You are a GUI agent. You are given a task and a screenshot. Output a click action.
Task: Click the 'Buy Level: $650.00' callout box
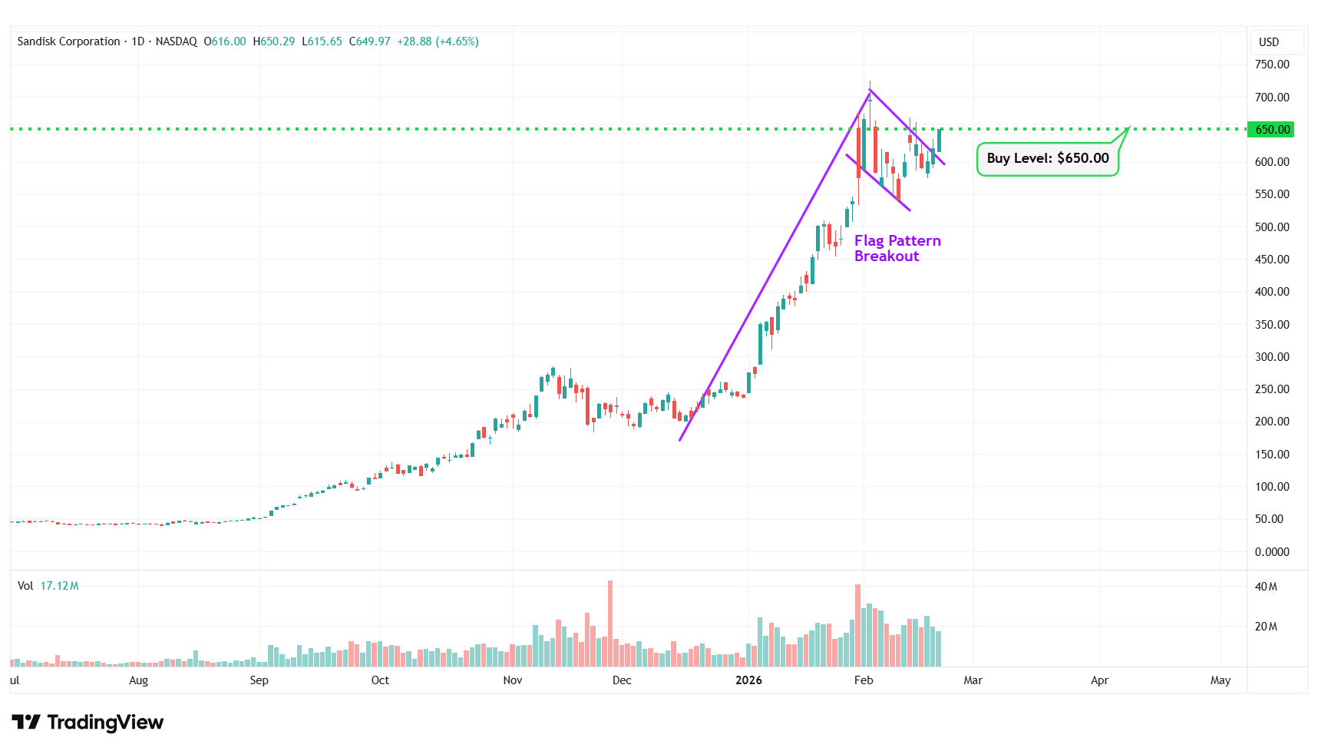1047,159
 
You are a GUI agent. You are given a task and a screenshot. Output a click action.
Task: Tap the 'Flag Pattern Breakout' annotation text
897,248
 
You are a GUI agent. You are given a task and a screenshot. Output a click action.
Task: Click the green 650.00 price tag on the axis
1272,130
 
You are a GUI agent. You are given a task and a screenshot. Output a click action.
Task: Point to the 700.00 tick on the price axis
1271,98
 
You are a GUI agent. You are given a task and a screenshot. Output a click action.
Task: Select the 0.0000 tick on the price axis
1271,552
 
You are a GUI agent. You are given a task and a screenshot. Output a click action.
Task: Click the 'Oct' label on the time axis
380,680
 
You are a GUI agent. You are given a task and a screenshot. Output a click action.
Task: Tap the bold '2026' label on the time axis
748,680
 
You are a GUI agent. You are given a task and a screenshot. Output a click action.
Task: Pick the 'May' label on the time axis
1220,680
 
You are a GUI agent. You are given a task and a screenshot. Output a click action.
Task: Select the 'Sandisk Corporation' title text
69,41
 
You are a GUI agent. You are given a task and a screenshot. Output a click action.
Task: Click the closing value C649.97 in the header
370,41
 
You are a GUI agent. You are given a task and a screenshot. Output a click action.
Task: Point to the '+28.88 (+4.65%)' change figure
438,41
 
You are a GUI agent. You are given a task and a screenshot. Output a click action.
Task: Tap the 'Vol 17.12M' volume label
48,586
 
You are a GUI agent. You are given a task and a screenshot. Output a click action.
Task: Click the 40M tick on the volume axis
1266,587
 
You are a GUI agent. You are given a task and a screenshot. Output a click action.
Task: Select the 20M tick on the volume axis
1266,627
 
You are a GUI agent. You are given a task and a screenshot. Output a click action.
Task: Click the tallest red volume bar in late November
610,623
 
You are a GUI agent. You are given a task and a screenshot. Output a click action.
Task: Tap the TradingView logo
88,722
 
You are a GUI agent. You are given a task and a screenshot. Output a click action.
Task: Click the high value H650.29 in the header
274,41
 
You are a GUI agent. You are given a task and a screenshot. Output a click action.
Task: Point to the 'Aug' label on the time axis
138,680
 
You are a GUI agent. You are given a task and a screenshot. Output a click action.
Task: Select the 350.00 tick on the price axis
1271,325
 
